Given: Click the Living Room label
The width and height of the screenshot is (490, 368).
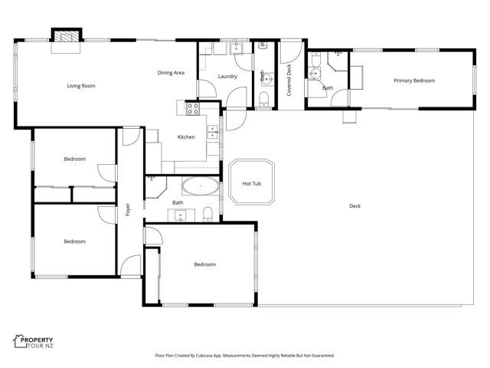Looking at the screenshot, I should coord(81,86).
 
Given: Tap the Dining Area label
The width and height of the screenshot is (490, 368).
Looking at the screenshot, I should coord(171,73).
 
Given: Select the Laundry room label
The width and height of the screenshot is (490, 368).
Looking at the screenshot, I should coord(227,77).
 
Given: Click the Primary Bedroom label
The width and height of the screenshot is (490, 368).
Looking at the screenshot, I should coord(414,80).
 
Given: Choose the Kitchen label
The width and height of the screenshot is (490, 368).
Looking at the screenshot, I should coord(186,137).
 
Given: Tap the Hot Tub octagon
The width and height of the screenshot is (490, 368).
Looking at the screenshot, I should coord(252,183).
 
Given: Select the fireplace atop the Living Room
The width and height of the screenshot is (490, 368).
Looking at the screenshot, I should coord(66,35).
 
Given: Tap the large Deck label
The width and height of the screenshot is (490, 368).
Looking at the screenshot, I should coord(354,205).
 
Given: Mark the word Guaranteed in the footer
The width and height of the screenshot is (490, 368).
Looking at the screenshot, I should coord(321,356).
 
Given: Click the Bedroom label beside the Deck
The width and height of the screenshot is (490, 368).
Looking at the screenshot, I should coord(204,264).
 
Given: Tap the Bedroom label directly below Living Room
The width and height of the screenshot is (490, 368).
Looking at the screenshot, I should coord(74,159).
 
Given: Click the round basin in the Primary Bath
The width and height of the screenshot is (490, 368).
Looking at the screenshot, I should coord(314,74).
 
